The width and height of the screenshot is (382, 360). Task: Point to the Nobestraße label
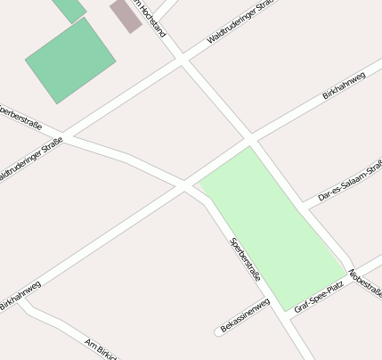point(366,282)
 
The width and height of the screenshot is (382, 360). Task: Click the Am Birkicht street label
point(100,348)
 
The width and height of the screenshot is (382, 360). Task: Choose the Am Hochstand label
point(148,18)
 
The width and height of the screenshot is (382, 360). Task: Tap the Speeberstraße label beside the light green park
point(245,259)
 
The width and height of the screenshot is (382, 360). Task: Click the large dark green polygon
point(70,61)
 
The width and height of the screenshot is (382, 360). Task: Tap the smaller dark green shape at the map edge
point(69,8)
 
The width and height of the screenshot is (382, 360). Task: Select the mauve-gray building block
point(126,15)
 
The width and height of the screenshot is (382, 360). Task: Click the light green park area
point(272,227)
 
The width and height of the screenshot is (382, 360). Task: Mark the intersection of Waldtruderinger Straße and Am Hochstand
point(182,59)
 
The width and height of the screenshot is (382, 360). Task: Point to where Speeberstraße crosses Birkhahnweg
point(187,185)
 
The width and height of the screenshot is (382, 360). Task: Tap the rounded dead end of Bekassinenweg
point(219,333)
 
